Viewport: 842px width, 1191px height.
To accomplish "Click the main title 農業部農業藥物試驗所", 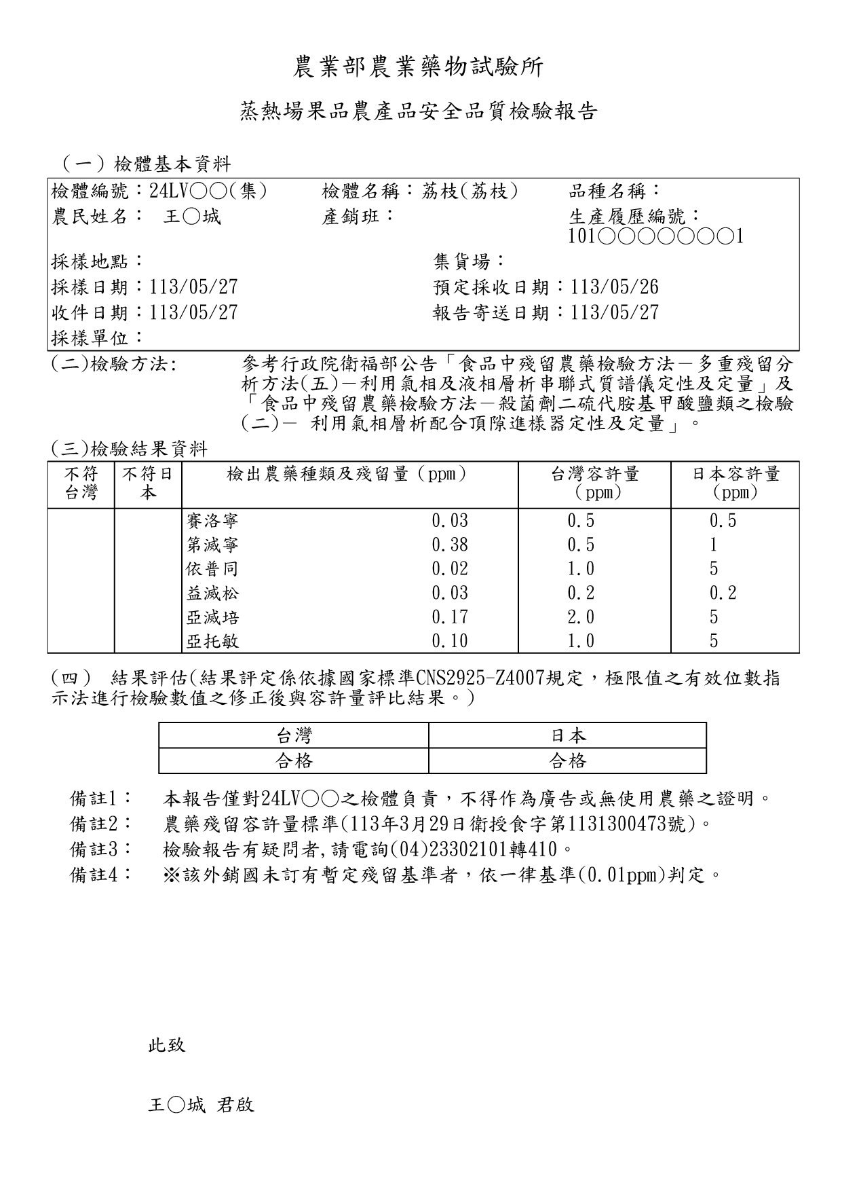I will point(419,67).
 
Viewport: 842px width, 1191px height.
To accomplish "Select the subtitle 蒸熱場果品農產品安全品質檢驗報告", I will point(419,111).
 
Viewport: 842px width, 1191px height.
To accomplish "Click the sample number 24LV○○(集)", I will point(208,191).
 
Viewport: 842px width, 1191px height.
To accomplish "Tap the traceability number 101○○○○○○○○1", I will point(656,236).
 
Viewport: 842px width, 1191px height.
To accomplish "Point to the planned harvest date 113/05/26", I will point(615,287).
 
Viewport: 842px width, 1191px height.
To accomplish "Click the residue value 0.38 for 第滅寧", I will point(450,545).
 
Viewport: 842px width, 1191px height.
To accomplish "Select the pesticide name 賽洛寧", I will point(212,521).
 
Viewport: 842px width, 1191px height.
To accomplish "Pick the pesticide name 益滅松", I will point(212,593).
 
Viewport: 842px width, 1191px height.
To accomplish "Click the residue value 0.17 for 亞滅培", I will point(450,617).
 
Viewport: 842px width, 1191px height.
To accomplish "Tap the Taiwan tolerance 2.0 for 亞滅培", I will point(581,617).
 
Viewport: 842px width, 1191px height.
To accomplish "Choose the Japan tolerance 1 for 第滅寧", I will point(713,545).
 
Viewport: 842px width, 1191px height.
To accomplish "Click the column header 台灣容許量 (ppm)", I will point(594,483).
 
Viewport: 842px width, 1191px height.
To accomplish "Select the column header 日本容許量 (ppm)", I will point(735,483).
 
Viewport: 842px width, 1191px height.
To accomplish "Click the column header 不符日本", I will point(148,483).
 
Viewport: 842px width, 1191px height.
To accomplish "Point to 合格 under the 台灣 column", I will point(294,761).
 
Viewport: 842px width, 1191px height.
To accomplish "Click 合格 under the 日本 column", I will point(567,761).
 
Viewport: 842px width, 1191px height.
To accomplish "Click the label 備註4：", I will point(102,875).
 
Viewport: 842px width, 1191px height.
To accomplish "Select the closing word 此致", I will point(167,1045).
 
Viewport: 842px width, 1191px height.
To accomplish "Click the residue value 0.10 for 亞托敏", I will point(450,641).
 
